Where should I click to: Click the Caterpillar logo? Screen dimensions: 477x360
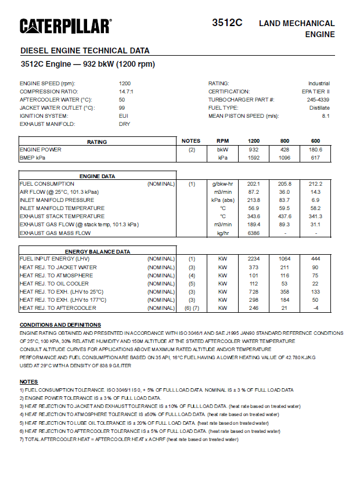[x=66, y=26]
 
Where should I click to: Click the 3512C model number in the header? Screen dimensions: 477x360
[x=227, y=23]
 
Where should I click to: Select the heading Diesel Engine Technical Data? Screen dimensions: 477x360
[x=85, y=50]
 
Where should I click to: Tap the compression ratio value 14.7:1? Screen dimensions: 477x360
[x=126, y=92]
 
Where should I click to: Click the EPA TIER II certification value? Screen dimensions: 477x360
[x=318, y=92]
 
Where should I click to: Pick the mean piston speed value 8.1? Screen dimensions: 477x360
[x=326, y=116]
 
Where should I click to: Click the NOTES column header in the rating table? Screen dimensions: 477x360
[x=191, y=141]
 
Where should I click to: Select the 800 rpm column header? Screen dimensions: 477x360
[x=285, y=141]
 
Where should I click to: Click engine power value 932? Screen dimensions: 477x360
[x=254, y=149]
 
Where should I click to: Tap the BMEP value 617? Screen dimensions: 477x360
[x=315, y=157]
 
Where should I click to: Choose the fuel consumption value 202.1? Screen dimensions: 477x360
[x=254, y=184]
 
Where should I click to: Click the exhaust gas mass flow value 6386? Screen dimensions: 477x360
[x=254, y=233]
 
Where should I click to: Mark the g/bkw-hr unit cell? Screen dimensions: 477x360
[x=222, y=184]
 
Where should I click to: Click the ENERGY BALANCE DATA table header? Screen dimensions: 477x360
[x=98, y=251]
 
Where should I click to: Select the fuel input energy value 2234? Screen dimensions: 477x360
[x=254, y=259]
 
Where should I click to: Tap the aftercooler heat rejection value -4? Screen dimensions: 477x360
[x=315, y=308]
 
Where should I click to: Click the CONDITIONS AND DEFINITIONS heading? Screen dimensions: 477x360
[x=60, y=325]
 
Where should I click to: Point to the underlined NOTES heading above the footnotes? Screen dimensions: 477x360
[x=28, y=381]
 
